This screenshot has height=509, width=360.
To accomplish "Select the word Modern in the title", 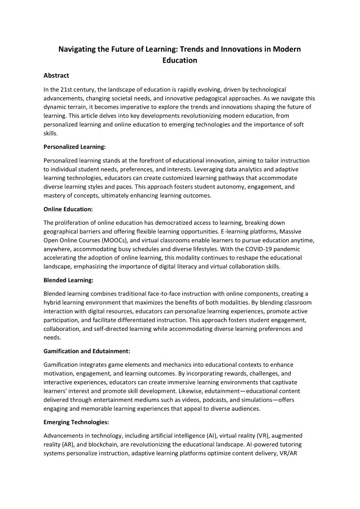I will (285, 49).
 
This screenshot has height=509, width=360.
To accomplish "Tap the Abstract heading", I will (56, 76).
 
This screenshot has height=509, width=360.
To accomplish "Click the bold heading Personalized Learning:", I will (76, 146).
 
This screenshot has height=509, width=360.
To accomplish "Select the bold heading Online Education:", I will (68, 209).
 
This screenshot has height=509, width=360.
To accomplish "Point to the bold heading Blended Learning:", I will (68, 281).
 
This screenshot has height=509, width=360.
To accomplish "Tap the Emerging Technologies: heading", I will (76, 422).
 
